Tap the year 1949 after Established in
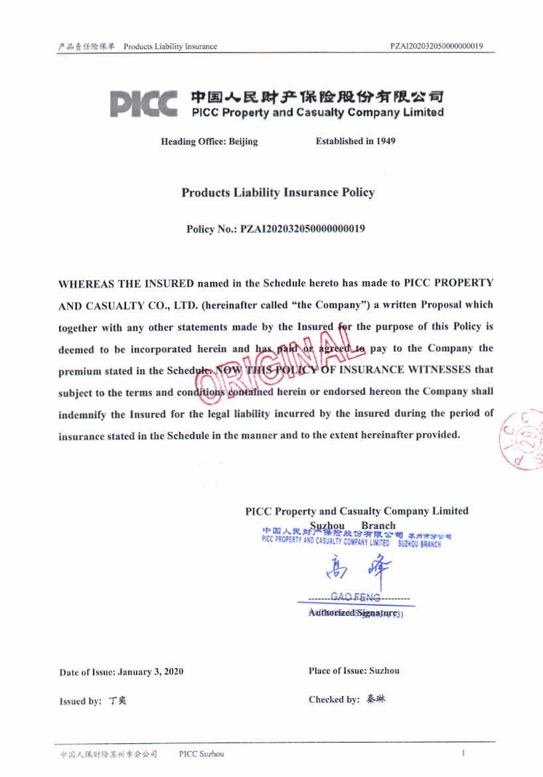coord(385,141)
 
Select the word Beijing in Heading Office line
coord(243,142)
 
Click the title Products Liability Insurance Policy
coord(278,192)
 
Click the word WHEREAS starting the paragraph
coord(87,284)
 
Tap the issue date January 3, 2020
coord(150,671)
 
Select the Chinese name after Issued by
coord(117,701)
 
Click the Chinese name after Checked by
coord(375,699)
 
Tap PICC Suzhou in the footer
coord(201,754)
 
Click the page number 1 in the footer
coord(463,753)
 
